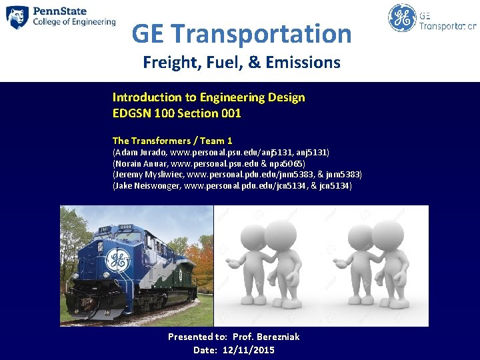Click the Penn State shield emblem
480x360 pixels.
pyautogui.click(x=17, y=17)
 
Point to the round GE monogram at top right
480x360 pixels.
pyautogui.click(x=402, y=18)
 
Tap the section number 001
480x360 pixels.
pyautogui.click(x=229, y=113)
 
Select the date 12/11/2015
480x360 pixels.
pyautogui.click(x=249, y=350)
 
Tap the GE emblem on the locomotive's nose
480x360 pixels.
pyautogui.click(x=119, y=259)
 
